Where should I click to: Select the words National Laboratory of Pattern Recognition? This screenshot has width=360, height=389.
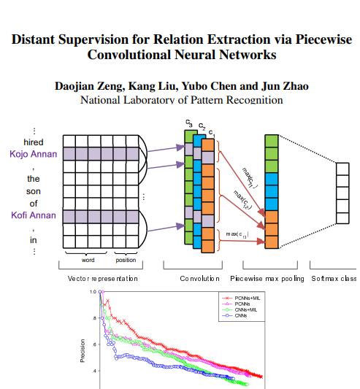click(181, 99)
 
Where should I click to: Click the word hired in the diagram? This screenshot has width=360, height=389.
click(34, 142)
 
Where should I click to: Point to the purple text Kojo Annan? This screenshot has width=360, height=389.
click(34, 154)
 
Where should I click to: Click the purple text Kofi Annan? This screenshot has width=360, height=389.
click(34, 215)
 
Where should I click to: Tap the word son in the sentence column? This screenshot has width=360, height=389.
click(34, 190)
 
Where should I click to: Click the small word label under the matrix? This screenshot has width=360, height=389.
click(88, 260)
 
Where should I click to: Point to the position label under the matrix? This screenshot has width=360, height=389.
click(126, 260)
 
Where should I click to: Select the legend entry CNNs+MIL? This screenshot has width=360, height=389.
click(243, 309)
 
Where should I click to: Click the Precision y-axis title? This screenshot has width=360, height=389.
click(83, 350)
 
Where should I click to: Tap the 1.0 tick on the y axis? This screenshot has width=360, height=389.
click(93, 292)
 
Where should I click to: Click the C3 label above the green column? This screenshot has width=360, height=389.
click(190, 123)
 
